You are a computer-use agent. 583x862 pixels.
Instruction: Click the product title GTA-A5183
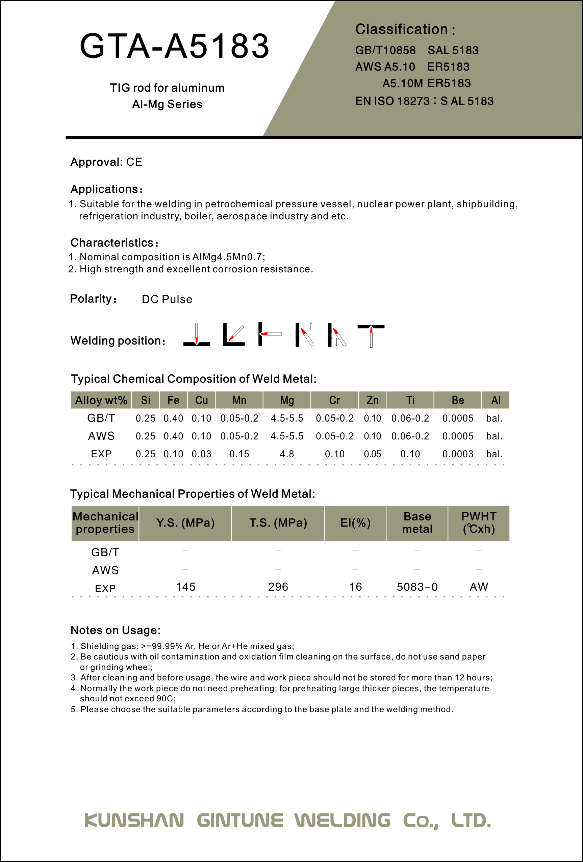pos(174,46)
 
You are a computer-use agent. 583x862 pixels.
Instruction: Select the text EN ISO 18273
pos(392,101)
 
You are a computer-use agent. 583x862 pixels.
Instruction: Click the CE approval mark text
pos(134,162)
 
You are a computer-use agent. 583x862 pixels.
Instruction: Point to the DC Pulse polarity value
pos(167,299)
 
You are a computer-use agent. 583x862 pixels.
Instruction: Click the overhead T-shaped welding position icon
pos(371,335)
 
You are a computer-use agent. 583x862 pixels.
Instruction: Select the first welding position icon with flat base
pos(197,335)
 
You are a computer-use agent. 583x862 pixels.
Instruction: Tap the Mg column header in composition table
pos(287,400)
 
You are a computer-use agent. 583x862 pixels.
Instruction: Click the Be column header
pos(458,400)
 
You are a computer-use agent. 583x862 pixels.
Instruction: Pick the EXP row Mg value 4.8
pos(287,454)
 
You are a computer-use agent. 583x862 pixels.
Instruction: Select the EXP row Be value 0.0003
pos(458,454)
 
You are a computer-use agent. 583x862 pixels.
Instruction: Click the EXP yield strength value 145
pos(185,587)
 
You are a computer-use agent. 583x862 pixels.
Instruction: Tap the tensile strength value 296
pos(278,587)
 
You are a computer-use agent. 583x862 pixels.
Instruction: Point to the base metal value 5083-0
pos(417,587)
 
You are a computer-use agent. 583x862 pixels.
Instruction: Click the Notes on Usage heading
pos(116,630)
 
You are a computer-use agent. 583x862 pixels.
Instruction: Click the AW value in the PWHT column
pos(479,587)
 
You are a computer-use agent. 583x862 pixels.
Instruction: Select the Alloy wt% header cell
pos(101,400)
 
